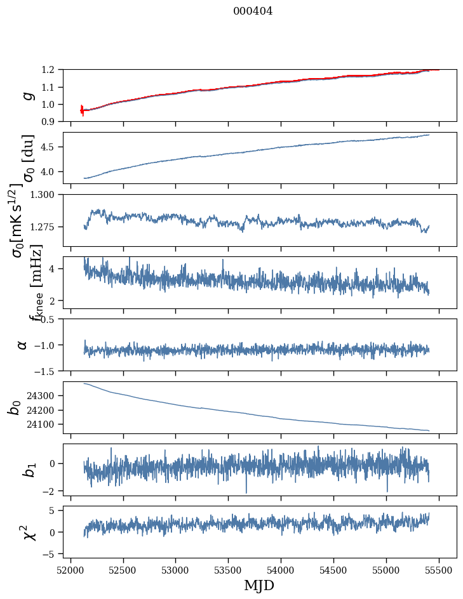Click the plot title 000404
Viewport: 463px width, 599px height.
253,11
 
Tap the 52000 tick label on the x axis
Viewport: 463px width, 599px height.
70,570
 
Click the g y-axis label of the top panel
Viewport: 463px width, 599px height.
27,95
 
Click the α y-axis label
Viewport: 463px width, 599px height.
23,345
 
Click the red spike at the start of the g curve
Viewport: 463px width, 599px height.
82,110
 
